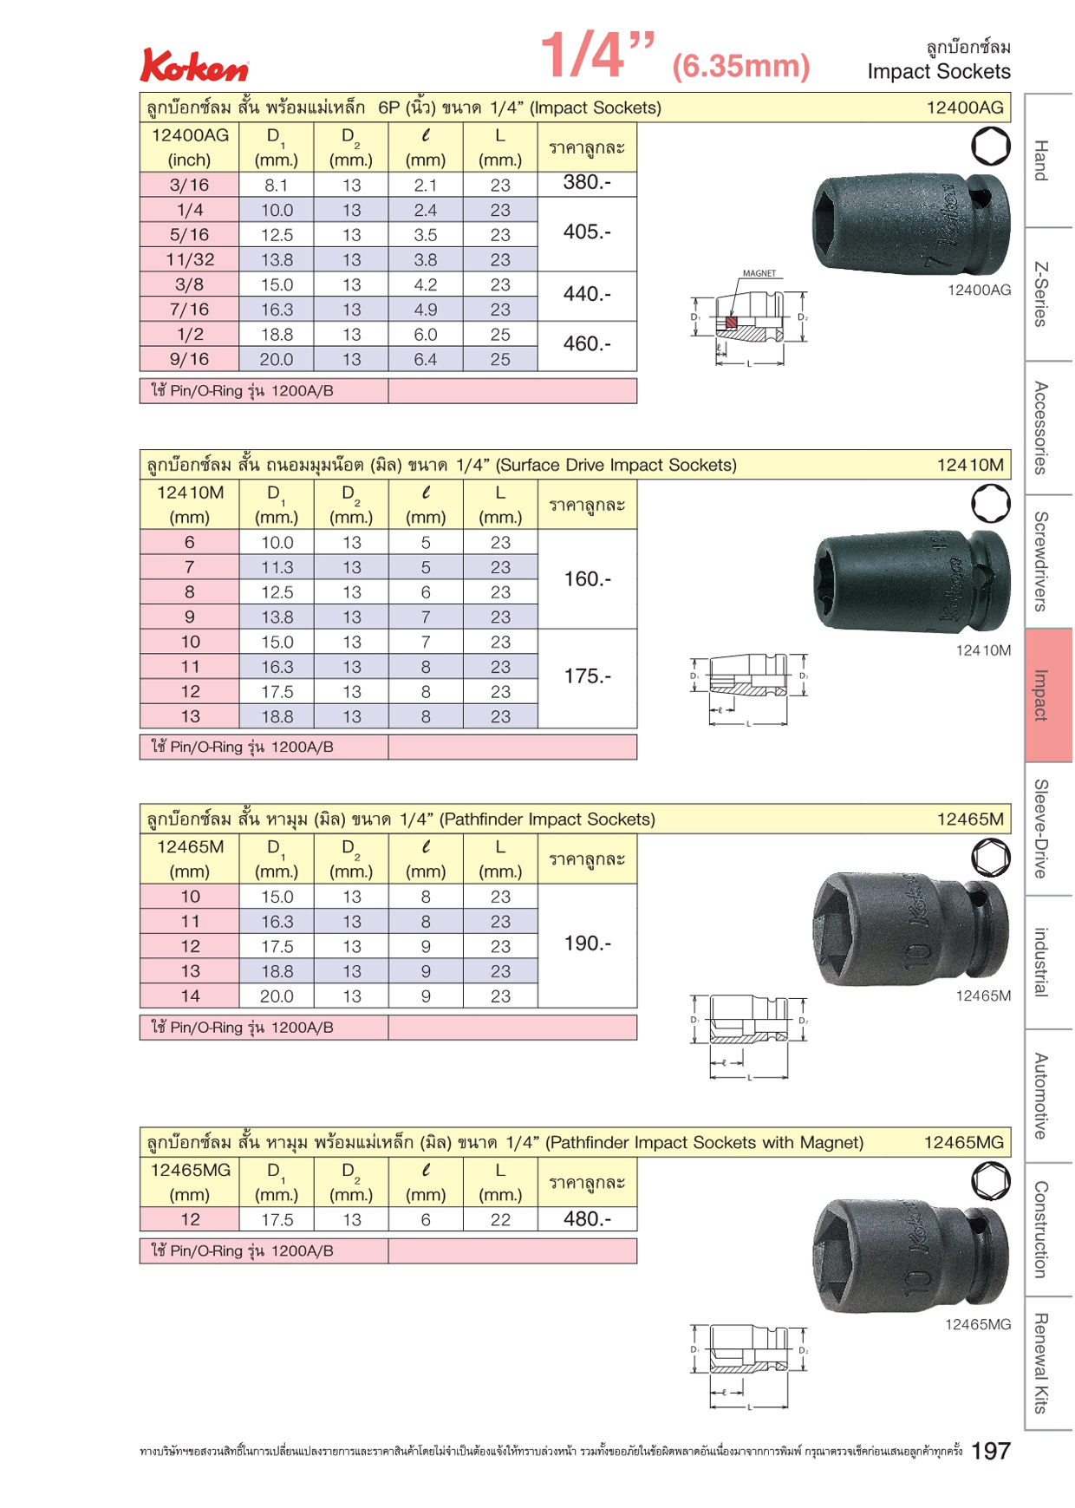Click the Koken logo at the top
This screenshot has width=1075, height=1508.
click(x=194, y=66)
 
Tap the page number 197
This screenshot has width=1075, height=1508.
click(x=991, y=1451)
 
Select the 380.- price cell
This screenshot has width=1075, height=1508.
click(x=587, y=183)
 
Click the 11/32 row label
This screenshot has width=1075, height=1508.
click(x=190, y=259)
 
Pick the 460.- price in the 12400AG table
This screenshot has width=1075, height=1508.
click(x=587, y=344)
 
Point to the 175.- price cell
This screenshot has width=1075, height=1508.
click(x=587, y=676)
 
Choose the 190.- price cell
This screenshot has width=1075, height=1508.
click(x=587, y=943)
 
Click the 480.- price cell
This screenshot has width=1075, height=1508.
click(x=587, y=1219)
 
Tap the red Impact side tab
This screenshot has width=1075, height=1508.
click(x=1049, y=695)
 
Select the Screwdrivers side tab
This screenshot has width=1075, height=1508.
click(x=1049, y=562)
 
